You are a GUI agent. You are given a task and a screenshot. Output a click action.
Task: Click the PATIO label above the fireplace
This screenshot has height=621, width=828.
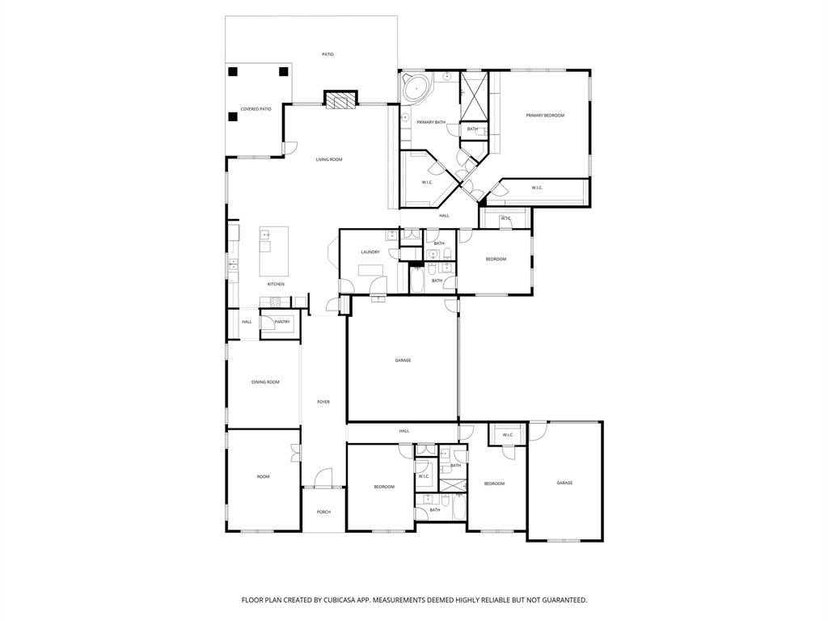pos(327,54)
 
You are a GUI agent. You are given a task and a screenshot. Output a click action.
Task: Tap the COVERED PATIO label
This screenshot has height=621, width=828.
pos(256,108)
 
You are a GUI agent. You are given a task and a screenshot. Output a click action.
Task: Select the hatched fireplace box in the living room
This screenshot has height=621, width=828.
pos(340,99)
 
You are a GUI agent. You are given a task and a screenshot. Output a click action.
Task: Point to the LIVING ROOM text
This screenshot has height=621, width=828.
pos(329,159)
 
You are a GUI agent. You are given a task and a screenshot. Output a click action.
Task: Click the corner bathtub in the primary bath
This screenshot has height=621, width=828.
pos(416,87)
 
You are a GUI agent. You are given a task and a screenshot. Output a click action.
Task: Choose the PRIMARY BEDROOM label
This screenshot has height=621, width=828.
pos(545,116)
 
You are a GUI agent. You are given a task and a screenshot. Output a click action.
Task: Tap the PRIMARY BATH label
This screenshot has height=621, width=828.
pos(431,122)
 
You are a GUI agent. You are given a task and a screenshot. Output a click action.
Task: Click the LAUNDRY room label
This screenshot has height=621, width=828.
pos(370,252)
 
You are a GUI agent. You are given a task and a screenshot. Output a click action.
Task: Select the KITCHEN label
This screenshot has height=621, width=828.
pos(276,284)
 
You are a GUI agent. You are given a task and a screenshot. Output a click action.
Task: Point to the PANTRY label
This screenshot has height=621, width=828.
pos(282,322)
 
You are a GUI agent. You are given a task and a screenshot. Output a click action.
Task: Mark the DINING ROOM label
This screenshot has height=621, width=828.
pos(265,382)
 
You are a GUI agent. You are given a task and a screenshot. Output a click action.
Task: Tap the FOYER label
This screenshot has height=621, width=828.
pos(323,402)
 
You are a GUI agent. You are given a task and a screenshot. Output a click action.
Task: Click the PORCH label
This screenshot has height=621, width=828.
pos(323,512)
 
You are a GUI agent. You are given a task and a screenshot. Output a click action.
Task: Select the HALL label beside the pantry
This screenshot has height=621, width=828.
pos(247,322)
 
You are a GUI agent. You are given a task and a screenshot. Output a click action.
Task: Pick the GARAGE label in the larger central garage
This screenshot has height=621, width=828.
pos(403,360)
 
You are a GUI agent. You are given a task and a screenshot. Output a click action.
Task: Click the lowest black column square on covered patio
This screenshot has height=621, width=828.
pos(233,116)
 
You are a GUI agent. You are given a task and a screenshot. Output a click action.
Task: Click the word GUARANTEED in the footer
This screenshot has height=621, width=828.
pos(558,600)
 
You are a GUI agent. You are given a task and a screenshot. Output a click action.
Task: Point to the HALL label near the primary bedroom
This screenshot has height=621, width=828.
pos(444,216)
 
